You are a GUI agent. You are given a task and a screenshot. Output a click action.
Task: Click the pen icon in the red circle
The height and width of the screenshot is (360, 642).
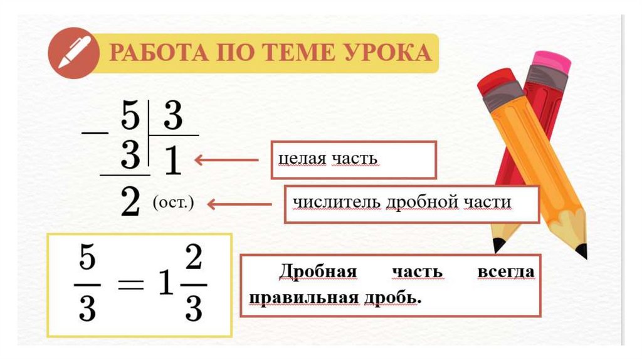click(73, 53)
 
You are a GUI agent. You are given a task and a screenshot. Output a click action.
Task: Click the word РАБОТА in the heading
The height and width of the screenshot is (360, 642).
click(157, 53)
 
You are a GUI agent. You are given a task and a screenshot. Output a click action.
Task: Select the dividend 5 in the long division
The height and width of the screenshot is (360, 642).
click(129, 117)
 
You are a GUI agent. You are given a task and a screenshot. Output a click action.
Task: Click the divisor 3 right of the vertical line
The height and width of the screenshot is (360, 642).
click(172, 117)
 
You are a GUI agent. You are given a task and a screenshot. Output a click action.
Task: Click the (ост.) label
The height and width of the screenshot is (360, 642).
click(174, 204)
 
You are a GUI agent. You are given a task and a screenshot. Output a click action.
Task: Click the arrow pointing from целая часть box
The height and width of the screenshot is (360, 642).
click(226, 160)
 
